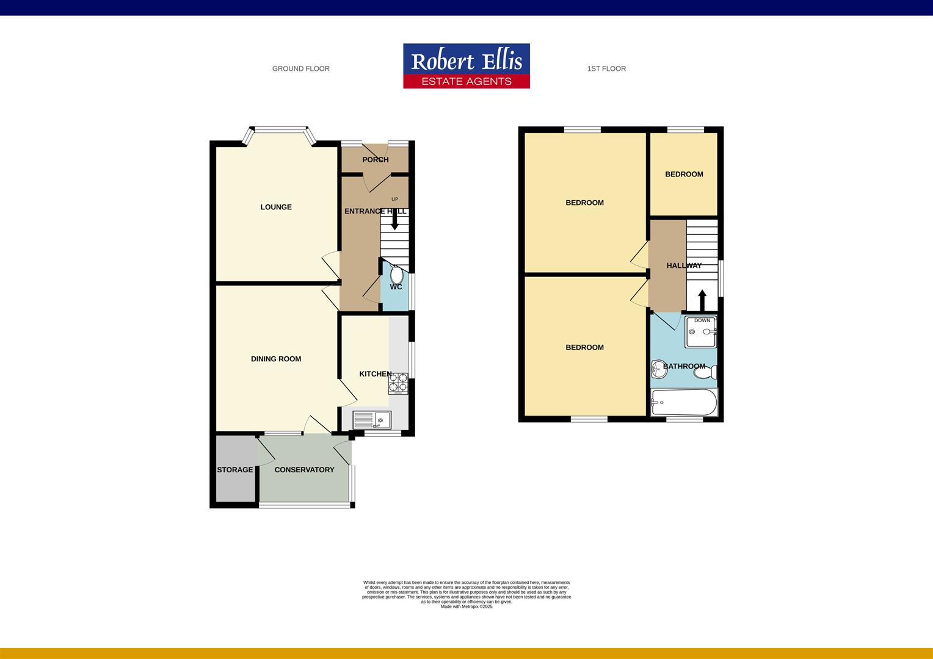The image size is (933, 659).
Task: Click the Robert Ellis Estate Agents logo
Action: pos(466,66)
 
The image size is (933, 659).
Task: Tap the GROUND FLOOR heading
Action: pos(300,69)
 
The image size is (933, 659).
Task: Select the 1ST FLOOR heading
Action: pos(606,69)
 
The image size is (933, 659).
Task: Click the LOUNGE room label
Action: pos(276,207)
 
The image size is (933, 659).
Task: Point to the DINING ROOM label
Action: pos(276,359)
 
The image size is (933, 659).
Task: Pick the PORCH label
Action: pos(375,160)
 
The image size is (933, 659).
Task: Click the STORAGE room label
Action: pos(235,470)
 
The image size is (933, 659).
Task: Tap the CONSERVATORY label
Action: pos(304,470)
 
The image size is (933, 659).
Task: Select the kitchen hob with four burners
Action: pos(398,382)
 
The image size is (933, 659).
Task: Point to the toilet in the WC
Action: pos(397,274)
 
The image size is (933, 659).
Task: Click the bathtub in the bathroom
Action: pos(684,403)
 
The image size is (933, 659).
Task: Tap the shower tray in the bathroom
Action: pos(701,332)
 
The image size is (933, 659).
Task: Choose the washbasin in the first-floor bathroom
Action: pos(658,368)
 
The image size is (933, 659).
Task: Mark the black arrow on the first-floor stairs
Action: pos(702,300)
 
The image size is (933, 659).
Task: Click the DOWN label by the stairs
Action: pos(702,320)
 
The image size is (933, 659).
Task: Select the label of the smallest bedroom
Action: pos(684,175)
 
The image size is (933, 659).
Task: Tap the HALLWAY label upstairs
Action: pos(684,265)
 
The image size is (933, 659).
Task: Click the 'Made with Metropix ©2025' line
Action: pos(466,607)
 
